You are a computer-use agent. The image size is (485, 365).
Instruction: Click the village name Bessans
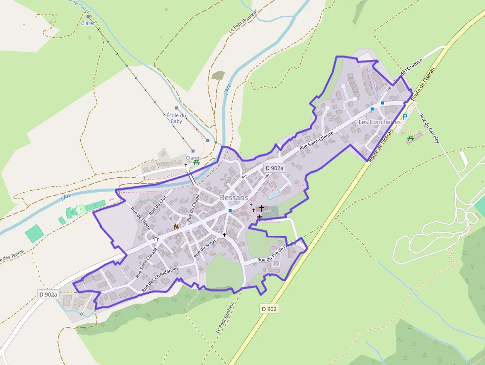(x=234, y=198)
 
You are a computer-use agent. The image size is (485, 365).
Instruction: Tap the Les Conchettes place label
(x=379, y=122)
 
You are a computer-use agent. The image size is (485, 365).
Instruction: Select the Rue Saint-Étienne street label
(x=317, y=143)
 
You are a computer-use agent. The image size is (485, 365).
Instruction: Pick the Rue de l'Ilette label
(x=140, y=216)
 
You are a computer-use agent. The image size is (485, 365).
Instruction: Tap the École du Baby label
(x=176, y=118)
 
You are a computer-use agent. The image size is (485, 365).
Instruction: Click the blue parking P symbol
(x=404, y=117)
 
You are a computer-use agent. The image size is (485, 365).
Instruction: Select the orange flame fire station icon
(x=175, y=227)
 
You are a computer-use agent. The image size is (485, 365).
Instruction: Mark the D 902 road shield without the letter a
(x=269, y=309)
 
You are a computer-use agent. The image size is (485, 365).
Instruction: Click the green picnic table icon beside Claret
(x=196, y=162)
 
